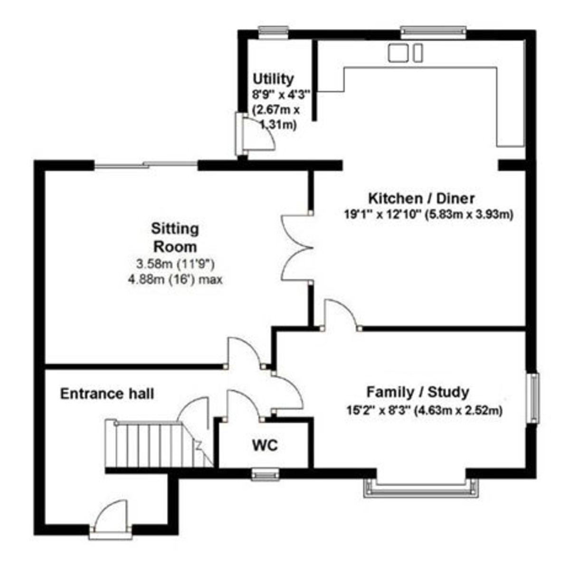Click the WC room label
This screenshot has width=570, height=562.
pyautogui.click(x=265, y=446)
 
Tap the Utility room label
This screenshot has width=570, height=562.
pyautogui.click(x=273, y=79)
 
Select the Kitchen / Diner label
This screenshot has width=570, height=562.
pyautogui.click(x=421, y=198)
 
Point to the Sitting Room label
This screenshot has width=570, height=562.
pyautogui.click(x=175, y=238)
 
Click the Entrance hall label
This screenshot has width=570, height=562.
pyautogui.click(x=107, y=394)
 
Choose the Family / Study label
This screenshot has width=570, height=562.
pyautogui.click(x=418, y=392)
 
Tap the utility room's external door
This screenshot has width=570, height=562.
pyautogui.click(x=256, y=134)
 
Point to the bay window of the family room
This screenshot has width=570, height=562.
pyautogui.click(x=421, y=488)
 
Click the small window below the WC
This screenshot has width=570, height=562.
pyautogui.click(x=265, y=475)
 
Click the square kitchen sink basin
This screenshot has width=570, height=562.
pyautogui.click(x=398, y=53)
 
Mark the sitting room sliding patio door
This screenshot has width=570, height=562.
pyautogui.click(x=146, y=165)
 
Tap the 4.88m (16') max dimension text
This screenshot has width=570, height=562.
pyautogui.click(x=175, y=280)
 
